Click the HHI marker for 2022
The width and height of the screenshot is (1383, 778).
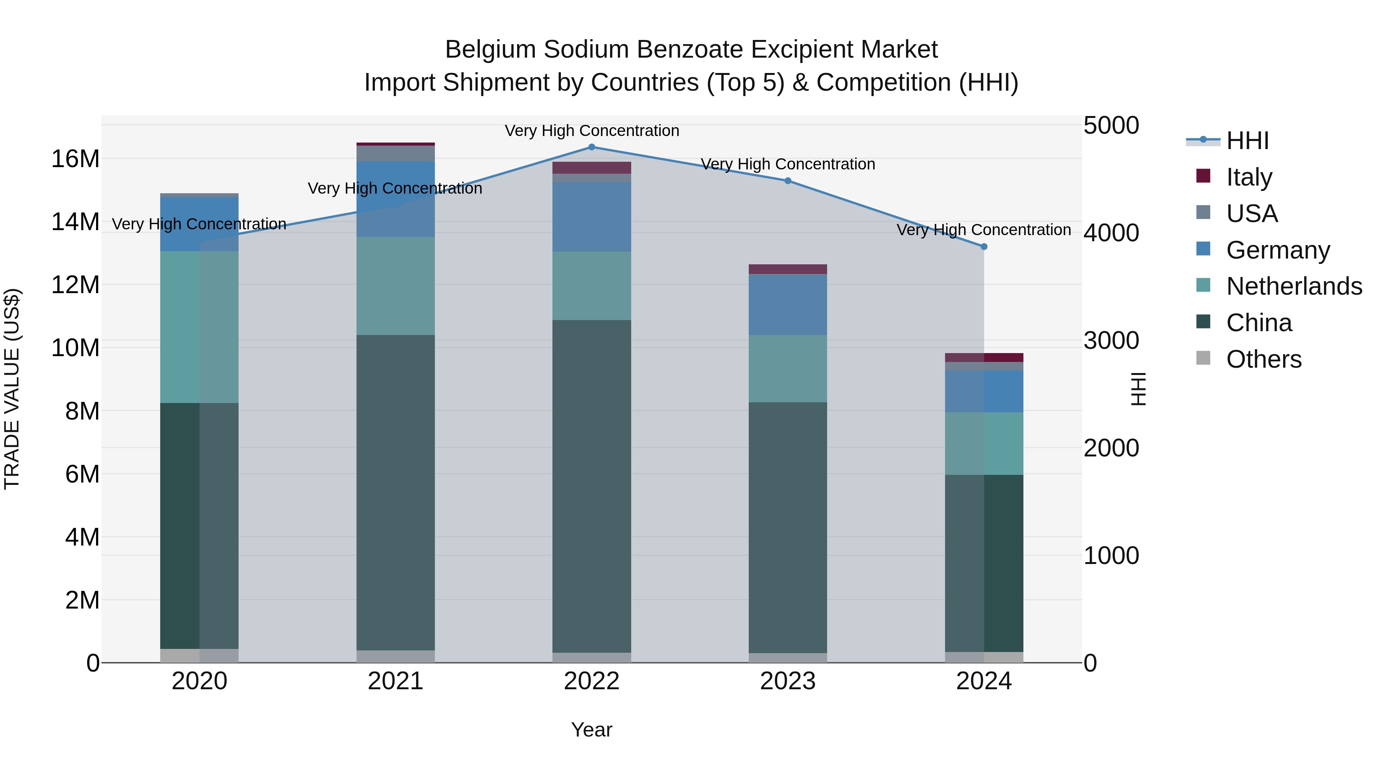pos(592,147)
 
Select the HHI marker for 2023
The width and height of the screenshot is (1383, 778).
pos(788,181)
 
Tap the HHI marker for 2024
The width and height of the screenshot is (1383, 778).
pos(983,247)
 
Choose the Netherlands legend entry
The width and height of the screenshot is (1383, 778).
pos(1293,286)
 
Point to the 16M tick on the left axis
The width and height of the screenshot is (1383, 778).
pos(75,159)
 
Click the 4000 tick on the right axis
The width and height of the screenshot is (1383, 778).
pos(1111,233)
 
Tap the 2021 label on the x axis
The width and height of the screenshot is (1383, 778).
pos(396,681)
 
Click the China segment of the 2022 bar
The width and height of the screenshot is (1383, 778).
pos(592,486)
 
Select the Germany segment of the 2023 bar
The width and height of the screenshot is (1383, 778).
pos(788,304)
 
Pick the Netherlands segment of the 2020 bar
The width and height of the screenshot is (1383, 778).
pos(199,327)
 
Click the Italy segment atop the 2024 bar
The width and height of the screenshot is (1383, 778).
pos(983,358)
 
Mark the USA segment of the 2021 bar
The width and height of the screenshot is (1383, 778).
pos(396,154)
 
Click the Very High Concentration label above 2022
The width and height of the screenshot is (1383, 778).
pos(592,131)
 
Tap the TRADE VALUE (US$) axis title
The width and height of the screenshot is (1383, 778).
pos(12,389)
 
